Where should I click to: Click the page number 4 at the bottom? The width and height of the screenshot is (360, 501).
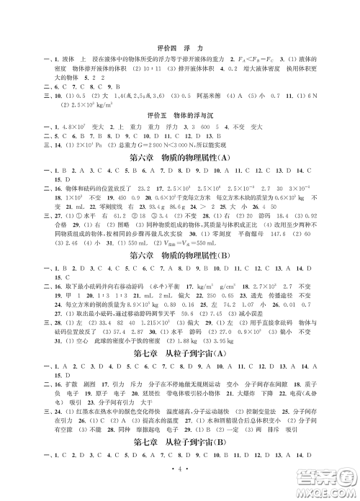point(180,485)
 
